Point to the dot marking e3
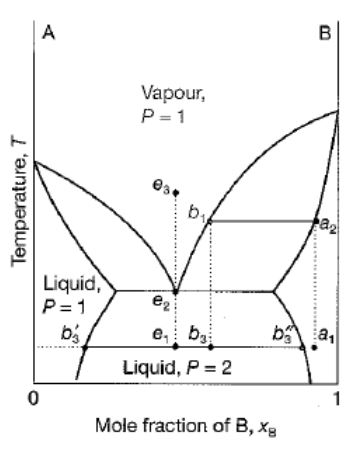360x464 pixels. (176, 191)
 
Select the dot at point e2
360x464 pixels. (176, 291)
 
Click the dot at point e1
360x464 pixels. (176, 346)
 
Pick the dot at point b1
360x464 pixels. (209, 220)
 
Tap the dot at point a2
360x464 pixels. (316, 220)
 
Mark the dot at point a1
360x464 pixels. (315, 347)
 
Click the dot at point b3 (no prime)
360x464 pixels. (209, 346)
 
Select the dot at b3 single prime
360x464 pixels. (86, 346)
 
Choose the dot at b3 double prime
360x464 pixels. (301, 346)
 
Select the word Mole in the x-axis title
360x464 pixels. (112, 432)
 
